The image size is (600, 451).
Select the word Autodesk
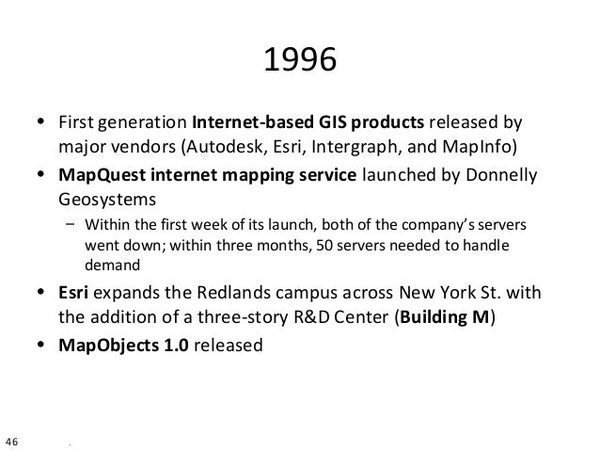click(222, 148)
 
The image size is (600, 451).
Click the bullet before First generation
click(39, 123)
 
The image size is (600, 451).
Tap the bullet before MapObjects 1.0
click(39, 345)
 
